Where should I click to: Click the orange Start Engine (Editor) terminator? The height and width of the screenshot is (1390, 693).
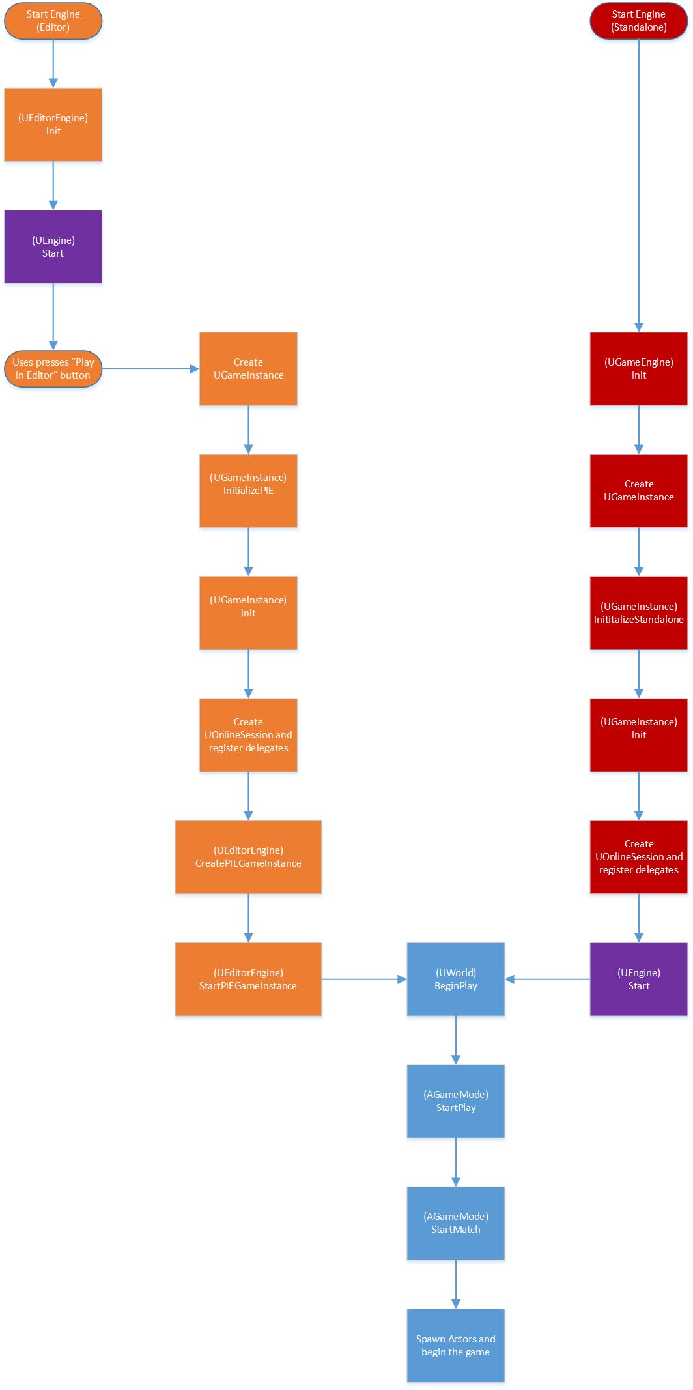(53, 21)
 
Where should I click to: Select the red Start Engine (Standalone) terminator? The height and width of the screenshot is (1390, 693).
(638, 21)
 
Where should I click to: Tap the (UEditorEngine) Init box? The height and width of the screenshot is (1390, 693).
(53, 124)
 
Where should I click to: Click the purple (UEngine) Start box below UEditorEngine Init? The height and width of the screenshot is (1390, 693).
(53, 246)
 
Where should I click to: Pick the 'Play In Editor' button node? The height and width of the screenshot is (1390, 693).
(53, 369)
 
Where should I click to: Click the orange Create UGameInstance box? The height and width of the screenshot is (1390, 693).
(248, 369)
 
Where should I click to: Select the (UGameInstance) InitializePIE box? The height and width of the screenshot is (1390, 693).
(248, 491)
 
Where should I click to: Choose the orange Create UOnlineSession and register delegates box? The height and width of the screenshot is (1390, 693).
(248, 735)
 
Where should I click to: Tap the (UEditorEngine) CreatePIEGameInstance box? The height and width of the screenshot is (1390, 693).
(248, 857)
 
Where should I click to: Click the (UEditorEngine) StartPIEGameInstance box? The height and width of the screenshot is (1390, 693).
(248, 979)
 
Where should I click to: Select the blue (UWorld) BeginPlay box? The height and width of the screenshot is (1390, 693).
(455, 979)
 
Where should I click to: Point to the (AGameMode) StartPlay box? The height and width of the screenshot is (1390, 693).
(455, 1101)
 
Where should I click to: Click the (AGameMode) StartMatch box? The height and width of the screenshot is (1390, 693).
(455, 1223)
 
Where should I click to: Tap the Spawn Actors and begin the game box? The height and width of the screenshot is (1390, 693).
(455, 1345)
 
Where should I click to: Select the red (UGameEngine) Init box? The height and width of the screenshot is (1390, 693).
(638, 369)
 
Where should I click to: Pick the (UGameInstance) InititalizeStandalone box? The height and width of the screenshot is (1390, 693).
(638, 613)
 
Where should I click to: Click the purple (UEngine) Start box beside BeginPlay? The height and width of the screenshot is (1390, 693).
(638, 979)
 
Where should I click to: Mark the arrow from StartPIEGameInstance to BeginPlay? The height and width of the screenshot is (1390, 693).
(363, 979)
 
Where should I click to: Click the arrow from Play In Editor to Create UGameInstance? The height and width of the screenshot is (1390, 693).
(150, 369)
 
